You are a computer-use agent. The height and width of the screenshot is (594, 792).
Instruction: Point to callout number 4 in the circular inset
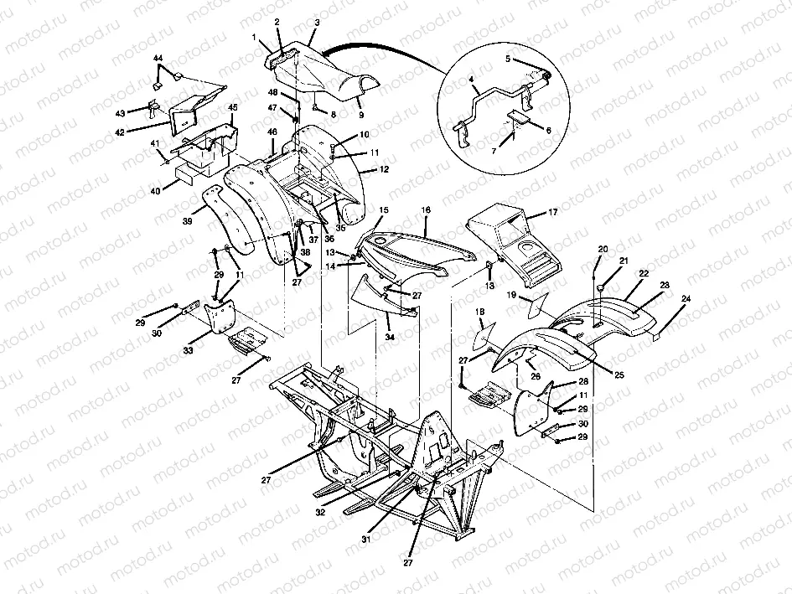coord(474,80)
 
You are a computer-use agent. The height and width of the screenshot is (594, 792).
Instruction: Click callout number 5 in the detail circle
coord(508,59)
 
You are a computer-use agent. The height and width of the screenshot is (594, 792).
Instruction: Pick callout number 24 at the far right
coord(688,298)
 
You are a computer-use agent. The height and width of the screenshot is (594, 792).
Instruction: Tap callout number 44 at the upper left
coord(158,58)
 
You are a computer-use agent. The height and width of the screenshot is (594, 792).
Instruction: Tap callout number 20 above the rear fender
coord(603,250)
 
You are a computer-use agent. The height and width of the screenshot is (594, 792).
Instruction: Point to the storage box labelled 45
coord(205,147)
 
